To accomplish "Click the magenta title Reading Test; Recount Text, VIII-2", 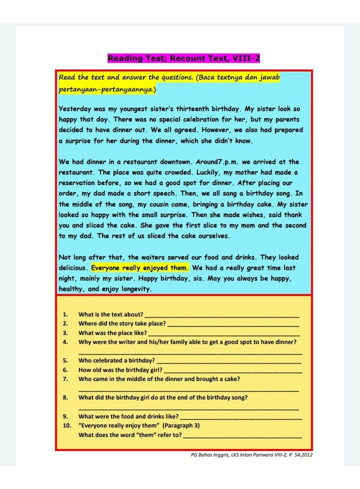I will (183, 58).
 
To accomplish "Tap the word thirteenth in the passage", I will (196, 108).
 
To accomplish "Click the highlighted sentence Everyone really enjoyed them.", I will (140, 267).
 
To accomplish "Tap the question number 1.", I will (65, 314).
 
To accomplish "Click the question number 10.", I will (67, 425).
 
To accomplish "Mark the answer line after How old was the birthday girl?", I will (232, 370).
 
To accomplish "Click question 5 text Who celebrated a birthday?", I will (116, 360).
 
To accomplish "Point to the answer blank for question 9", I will (240, 416).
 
